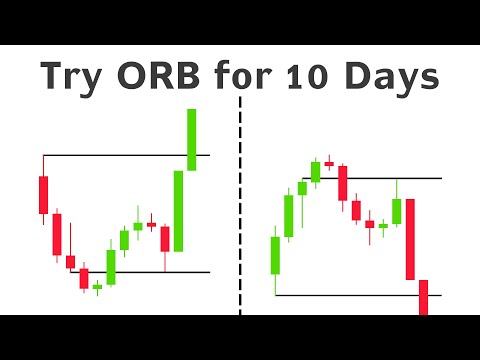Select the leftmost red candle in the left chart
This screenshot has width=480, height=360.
(43, 194)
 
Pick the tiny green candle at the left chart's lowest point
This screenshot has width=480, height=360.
(97, 287)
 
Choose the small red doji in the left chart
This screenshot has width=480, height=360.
(152, 225)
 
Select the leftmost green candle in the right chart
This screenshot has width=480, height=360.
(275, 254)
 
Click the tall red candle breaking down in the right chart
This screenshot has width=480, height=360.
(410, 239)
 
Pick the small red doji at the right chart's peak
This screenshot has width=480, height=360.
(329, 162)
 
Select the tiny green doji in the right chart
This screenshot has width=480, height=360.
(383, 226)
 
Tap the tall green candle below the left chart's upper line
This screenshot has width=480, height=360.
(178, 210)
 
